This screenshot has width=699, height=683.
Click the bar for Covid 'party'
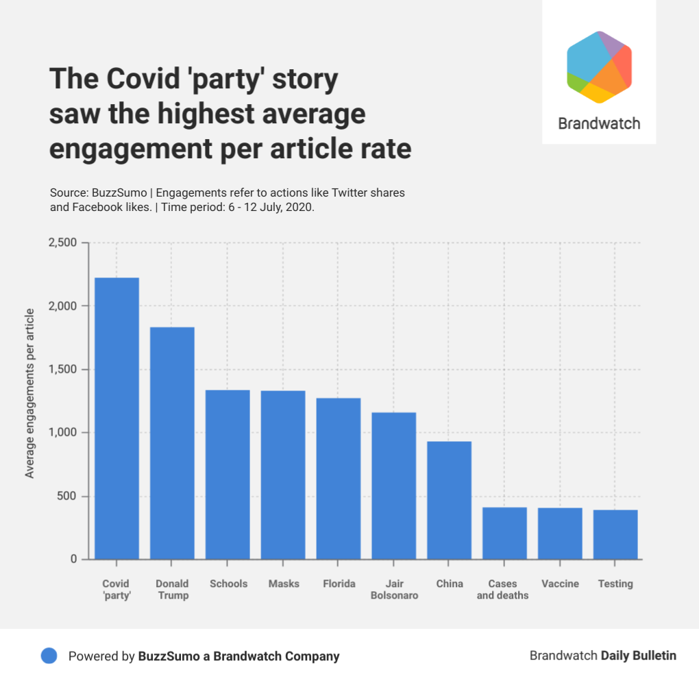tap(116, 418)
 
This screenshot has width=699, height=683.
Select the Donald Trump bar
tap(172, 443)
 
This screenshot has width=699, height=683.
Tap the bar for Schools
tap(228, 474)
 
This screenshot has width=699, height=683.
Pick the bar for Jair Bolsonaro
tap(393, 485)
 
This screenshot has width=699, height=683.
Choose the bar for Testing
tap(615, 534)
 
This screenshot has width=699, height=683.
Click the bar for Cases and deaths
tap(504, 533)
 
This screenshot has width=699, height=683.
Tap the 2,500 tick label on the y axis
tap(62, 243)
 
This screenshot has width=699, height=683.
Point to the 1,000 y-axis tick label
tap(64, 433)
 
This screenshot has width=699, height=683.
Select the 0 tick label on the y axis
tap(73, 560)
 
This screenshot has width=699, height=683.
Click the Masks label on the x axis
tap(283, 584)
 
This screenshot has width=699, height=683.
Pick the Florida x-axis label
tap(339, 584)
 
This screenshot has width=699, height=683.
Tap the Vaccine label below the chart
tap(560, 584)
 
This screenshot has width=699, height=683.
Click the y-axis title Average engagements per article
tap(30, 394)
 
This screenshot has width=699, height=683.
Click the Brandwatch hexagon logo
tap(599, 67)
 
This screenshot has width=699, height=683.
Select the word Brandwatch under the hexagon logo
tap(599, 124)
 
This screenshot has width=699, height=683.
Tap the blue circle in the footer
tap(49, 656)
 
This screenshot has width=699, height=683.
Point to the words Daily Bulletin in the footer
tap(639, 656)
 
